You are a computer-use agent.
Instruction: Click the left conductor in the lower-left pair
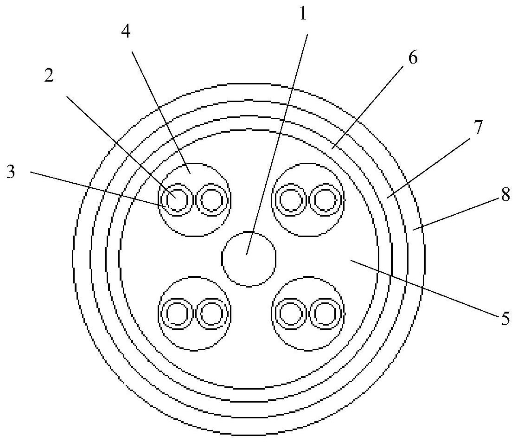tap(176, 314)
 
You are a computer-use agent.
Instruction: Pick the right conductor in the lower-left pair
tap(213, 314)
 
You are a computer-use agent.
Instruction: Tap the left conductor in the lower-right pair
tap(291, 314)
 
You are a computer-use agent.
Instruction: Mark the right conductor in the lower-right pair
tap(326, 314)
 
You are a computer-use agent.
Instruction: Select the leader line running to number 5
tap(427, 288)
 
